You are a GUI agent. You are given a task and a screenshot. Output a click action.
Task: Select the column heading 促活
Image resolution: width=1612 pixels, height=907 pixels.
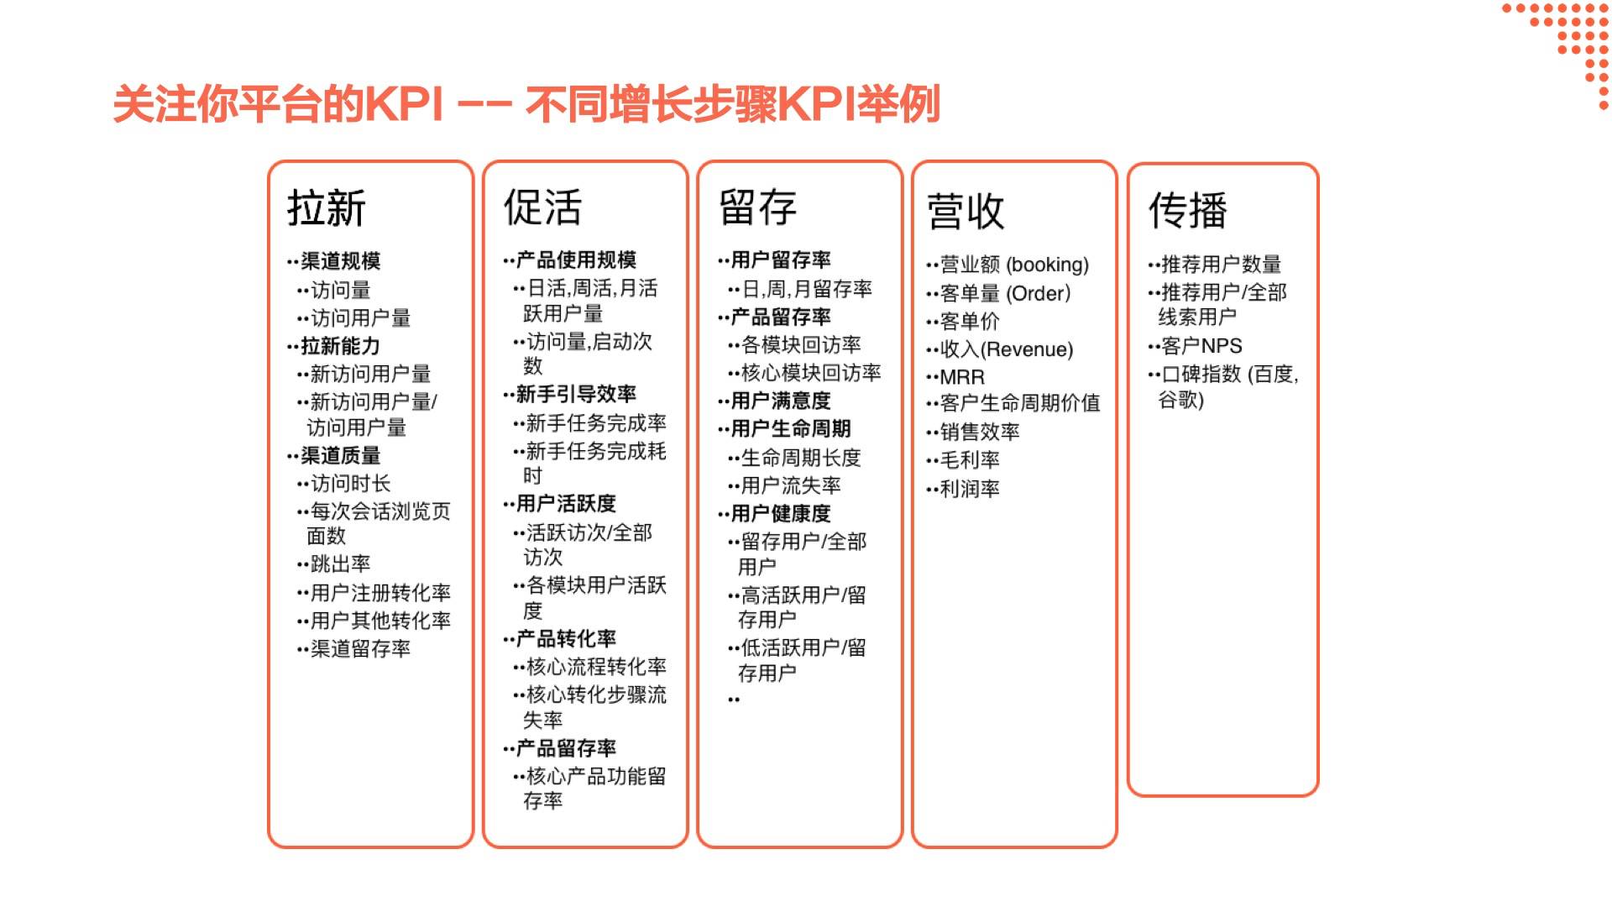[x=542, y=207]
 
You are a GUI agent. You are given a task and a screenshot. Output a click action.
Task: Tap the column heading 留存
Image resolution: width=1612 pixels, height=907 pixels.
[x=757, y=207]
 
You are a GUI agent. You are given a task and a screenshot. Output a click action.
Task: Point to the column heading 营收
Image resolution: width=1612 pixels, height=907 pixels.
[x=966, y=211]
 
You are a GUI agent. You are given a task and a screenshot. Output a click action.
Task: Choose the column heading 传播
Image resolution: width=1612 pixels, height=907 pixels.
[x=1188, y=210]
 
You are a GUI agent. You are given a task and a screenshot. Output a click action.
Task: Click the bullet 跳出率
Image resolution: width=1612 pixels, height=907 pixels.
[x=340, y=564]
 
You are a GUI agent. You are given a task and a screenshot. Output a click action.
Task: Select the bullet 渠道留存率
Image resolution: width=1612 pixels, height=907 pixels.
[x=360, y=649]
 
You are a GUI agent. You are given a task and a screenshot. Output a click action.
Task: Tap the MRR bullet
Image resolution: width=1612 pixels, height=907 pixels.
[x=962, y=378]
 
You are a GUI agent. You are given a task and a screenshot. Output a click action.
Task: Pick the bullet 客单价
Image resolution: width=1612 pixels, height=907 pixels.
[x=970, y=322]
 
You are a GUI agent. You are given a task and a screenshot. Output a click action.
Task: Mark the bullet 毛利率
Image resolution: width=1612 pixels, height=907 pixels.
[x=970, y=460]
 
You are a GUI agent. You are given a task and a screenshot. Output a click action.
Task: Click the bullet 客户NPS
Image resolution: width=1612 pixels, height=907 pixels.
[x=1201, y=346]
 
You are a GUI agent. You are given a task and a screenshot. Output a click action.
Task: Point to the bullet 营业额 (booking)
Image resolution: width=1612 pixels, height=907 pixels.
[x=1014, y=265]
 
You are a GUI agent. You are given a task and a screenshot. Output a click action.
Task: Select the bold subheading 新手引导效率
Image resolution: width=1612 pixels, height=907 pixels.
[x=576, y=394]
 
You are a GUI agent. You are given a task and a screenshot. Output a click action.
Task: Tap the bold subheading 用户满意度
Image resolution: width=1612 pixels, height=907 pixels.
[x=781, y=401]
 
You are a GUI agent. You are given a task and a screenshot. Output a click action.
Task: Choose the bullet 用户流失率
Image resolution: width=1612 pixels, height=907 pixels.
[x=791, y=485]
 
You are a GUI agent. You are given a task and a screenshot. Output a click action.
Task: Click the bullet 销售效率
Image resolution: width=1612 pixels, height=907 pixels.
[x=980, y=433]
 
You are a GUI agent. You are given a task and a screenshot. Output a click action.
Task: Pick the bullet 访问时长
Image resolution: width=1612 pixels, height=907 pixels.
[x=350, y=484]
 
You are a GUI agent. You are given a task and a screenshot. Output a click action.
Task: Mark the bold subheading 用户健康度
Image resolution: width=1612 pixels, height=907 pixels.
[x=781, y=514]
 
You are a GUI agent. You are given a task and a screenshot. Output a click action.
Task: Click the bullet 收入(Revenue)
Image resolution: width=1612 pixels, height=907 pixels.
[x=1007, y=349]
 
